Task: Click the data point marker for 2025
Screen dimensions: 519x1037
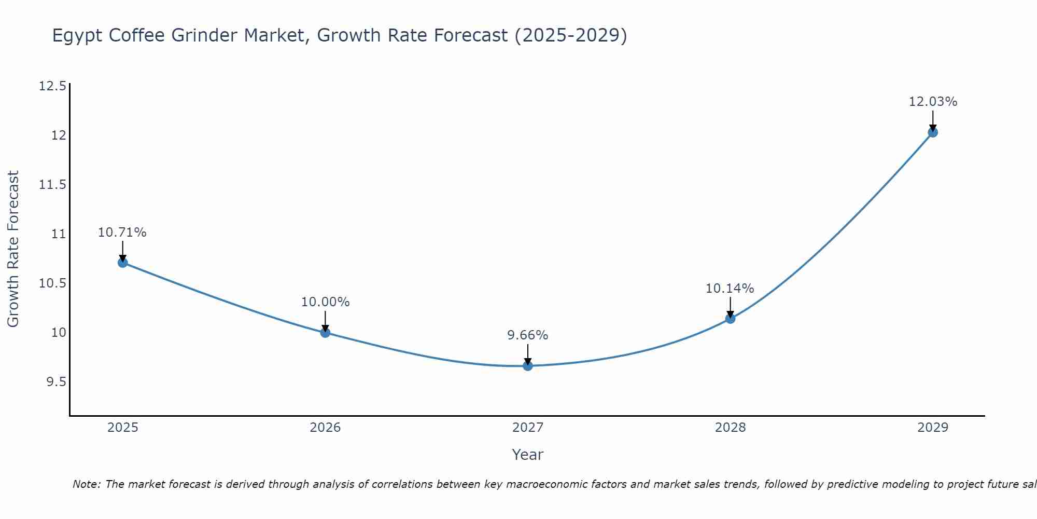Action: (122, 263)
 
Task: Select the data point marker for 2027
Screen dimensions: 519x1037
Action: (528, 366)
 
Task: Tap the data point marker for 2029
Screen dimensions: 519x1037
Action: (933, 132)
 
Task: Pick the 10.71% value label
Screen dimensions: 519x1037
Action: (122, 233)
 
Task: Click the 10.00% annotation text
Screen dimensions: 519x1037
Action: (325, 302)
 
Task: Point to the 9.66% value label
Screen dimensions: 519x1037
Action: (528, 335)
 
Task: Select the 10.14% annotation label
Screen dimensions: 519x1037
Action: (730, 289)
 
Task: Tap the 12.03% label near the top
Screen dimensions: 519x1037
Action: (933, 102)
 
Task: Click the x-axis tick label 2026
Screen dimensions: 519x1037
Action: (325, 428)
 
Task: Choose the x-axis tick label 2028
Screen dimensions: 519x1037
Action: (730, 428)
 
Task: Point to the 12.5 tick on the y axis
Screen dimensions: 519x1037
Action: (52, 86)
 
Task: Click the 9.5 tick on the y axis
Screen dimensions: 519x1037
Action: (56, 382)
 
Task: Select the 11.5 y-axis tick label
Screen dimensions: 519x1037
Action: (52, 185)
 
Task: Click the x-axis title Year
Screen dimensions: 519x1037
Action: (527, 455)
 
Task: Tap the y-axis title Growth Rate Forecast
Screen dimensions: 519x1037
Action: (13, 249)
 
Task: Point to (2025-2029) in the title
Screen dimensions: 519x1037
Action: (570, 35)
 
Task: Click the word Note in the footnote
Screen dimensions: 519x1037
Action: (87, 484)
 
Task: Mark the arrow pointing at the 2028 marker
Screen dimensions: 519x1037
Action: (730, 308)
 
